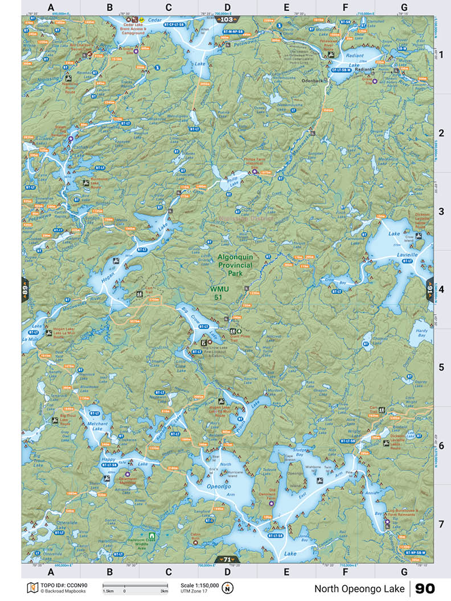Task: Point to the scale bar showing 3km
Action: pos(135,586)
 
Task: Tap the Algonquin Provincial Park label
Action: pos(242,265)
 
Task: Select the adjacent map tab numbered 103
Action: pos(225,19)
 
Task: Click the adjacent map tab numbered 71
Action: pos(225,559)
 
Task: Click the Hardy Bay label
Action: pos(421,332)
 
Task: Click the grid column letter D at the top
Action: pos(227,7)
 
